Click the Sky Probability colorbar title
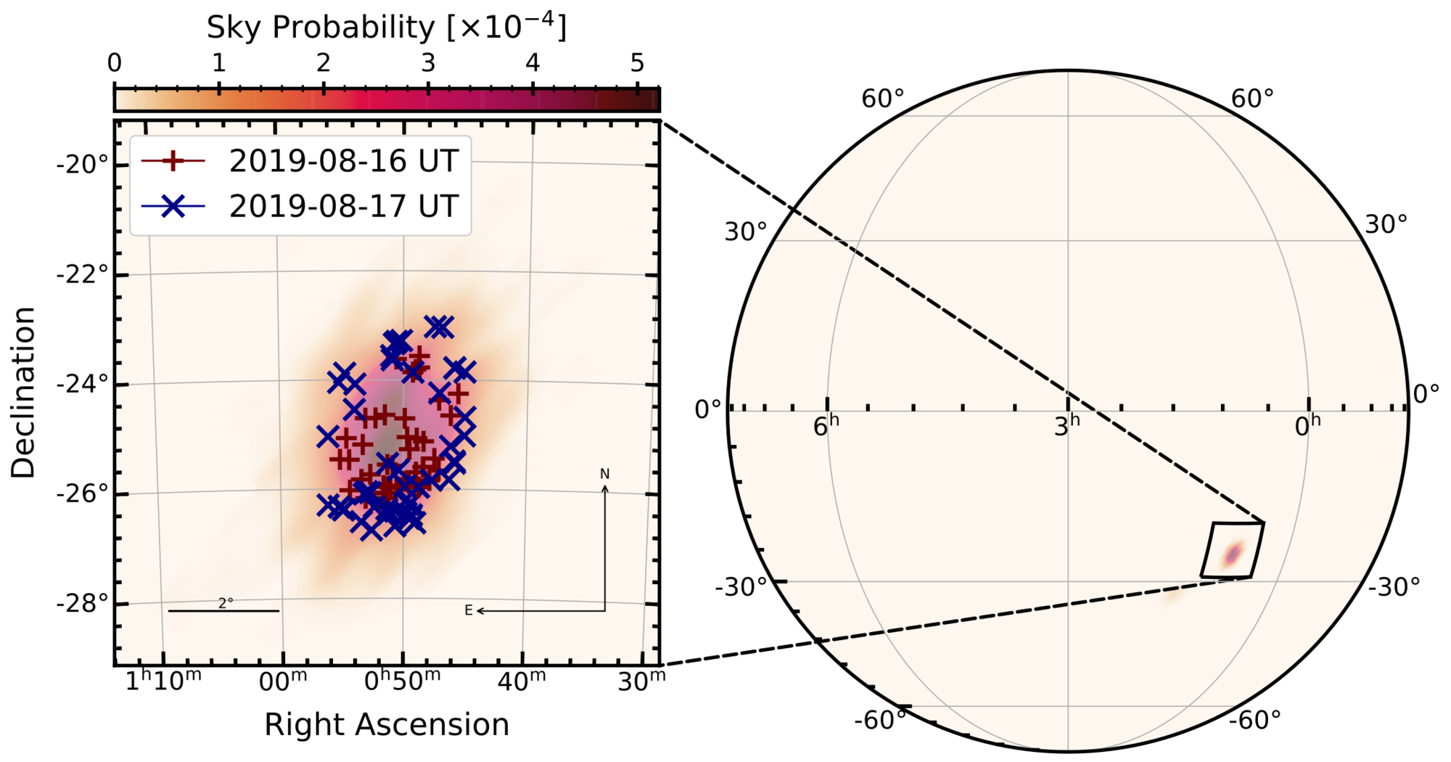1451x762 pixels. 386,28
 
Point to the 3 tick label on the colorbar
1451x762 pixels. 428,64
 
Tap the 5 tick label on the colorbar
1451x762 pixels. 637,64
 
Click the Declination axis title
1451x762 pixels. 24,392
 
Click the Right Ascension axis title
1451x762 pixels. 386,725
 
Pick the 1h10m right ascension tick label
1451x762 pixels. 163,681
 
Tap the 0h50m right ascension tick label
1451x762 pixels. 402,681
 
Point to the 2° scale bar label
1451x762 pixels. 226,603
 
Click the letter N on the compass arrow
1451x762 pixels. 604,475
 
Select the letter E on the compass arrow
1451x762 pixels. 469,611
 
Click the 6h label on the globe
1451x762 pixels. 826,427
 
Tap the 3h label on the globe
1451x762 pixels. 1066,427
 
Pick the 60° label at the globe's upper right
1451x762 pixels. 1252,99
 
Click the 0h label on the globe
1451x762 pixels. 1307,427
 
